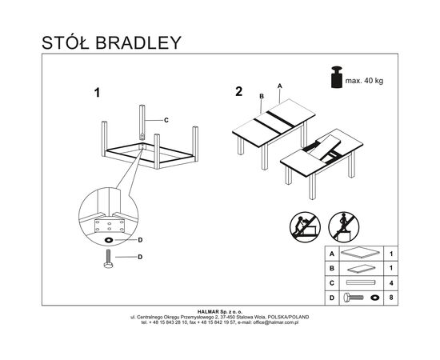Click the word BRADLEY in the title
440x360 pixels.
[138, 43]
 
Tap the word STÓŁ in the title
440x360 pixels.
[65, 42]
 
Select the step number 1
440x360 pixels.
[97, 93]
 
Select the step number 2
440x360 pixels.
[239, 92]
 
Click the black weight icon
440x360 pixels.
[337, 77]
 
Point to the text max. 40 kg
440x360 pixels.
[364, 81]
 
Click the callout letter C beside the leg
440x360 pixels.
[166, 120]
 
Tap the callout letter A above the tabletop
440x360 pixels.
[279, 86]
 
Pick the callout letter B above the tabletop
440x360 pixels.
[262, 96]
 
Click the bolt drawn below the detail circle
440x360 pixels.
[108, 258]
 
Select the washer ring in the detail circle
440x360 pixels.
[108, 240]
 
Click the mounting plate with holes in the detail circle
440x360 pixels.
[110, 226]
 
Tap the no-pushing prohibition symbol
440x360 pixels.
[305, 227]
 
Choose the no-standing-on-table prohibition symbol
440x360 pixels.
[344, 227]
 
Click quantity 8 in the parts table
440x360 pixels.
[391, 298]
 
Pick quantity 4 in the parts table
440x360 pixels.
[391, 283]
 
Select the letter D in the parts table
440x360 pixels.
[332, 298]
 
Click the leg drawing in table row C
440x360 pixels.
[361, 282]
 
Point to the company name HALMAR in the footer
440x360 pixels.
[208, 311]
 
